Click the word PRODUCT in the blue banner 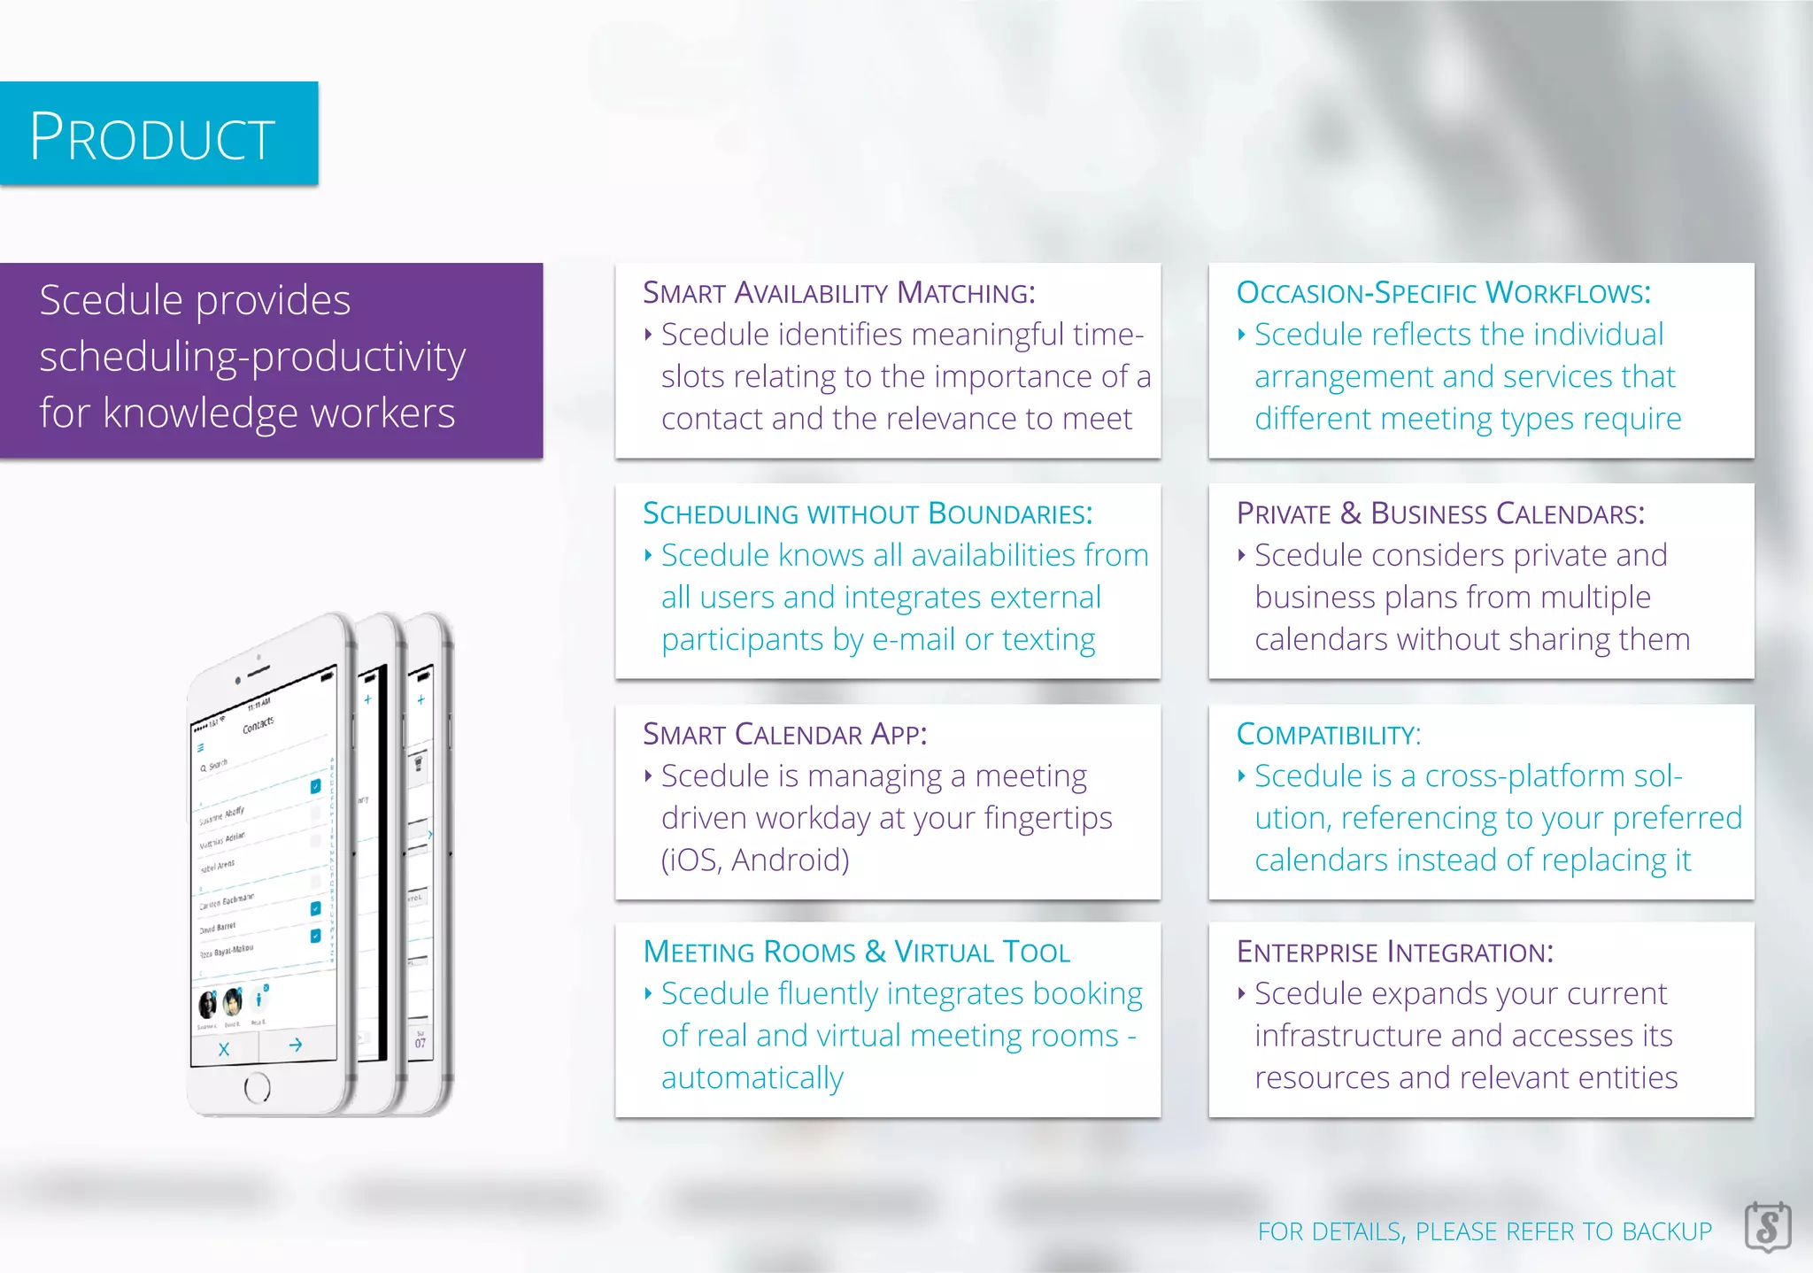tap(152, 136)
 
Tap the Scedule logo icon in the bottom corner tap(1767, 1227)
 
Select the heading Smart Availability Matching tap(838, 292)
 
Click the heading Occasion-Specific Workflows tap(1443, 292)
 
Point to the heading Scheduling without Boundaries tap(868, 513)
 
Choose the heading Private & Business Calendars tap(1440, 513)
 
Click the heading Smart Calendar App tap(784, 734)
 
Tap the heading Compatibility tap(1328, 734)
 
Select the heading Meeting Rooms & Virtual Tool tap(856, 952)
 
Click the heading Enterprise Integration tap(1394, 952)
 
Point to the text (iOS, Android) tap(755, 860)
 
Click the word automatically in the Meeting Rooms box tap(752, 1078)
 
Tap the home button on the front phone tap(257, 1087)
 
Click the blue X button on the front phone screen tap(224, 1049)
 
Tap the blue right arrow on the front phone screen tap(296, 1045)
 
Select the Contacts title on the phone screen tap(258, 725)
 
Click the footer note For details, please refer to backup tap(1485, 1231)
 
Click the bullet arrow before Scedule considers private tap(1241, 555)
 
